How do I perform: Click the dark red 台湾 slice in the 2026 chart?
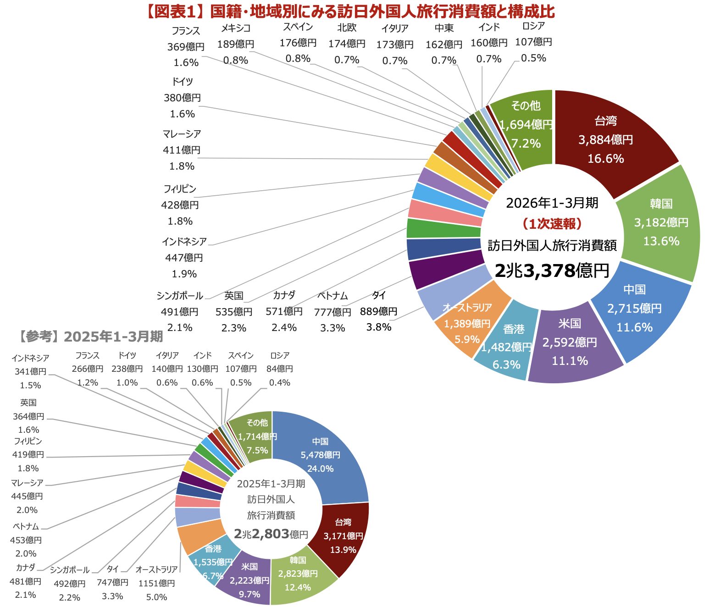(x=605, y=138)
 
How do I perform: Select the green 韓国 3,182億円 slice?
(x=661, y=223)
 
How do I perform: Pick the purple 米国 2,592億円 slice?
(x=570, y=342)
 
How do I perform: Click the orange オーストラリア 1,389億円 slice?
(x=466, y=323)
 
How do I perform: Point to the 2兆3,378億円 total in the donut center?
(x=552, y=270)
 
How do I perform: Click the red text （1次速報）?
(x=552, y=224)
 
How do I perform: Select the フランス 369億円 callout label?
(x=186, y=46)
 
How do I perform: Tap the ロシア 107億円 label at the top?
(x=533, y=42)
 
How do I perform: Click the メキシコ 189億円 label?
(x=236, y=44)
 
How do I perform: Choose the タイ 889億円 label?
(x=379, y=311)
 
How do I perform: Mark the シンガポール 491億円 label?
(x=179, y=311)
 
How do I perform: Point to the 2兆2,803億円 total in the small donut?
(x=271, y=534)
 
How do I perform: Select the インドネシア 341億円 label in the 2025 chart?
(x=30, y=371)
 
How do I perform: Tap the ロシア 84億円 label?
(x=279, y=369)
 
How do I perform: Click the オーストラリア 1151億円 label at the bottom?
(x=156, y=583)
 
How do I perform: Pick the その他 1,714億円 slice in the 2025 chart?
(x=257, y=436)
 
